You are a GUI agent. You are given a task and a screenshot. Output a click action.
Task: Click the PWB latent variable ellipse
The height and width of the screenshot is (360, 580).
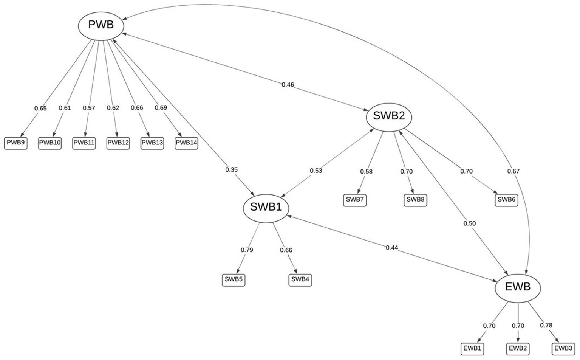pos(101,25)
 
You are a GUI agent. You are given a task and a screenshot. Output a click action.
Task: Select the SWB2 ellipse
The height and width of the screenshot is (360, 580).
pos(389,116)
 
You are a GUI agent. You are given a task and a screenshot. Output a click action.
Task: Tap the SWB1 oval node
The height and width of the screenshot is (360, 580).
pos(266,208)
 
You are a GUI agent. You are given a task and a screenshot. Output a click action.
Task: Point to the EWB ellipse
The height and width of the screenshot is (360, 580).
pos(518,287)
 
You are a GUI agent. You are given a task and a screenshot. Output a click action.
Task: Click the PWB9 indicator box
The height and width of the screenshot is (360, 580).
pos(16,143)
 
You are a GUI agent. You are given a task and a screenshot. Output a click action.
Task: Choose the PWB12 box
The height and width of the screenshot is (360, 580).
pos(118,143)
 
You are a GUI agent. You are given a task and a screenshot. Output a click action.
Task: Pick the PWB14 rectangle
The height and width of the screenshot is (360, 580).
pos(186,143)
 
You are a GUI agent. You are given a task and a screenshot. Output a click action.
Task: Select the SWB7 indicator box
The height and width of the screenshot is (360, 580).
pos(355,200)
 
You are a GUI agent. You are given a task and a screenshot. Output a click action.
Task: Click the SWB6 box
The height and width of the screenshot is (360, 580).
pos(506,200)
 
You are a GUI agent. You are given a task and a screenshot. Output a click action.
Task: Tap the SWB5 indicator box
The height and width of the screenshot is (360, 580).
pos(234,279)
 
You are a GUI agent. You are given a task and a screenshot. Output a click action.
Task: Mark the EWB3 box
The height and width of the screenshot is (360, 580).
pos(563,348)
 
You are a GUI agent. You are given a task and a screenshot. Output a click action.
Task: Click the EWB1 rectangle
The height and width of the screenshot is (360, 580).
pos(472,348)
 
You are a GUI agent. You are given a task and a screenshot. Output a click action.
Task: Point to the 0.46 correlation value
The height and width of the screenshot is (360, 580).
pos(288,84)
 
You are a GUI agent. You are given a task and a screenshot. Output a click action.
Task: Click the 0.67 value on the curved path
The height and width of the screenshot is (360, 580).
pos(513,171)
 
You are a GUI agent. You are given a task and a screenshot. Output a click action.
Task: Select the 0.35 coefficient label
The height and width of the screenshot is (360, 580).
pos(231,169)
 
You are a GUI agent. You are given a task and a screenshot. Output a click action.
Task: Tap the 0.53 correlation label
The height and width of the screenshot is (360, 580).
pos(316,171)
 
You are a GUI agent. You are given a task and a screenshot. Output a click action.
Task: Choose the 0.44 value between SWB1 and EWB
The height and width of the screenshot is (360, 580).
pos(392,248)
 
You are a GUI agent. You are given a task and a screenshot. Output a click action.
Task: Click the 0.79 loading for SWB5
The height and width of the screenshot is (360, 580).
pos(247,250)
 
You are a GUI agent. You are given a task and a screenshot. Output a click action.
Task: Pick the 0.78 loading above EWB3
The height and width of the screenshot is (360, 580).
pos(546,325)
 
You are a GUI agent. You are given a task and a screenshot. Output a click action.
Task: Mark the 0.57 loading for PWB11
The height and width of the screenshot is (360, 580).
pos(89,108)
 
